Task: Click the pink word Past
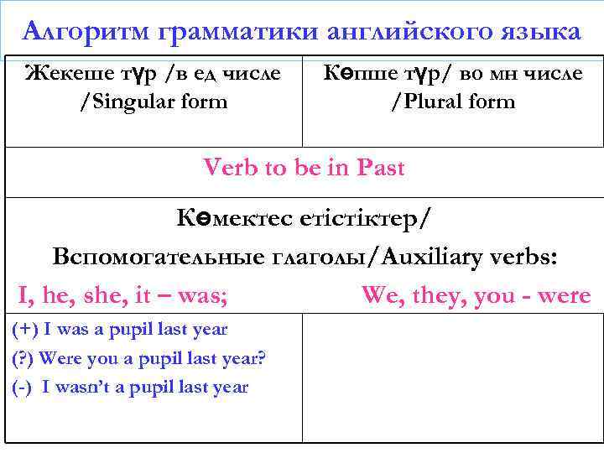click(380, 168)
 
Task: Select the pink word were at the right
click(564, 295)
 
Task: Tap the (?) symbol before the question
click(23, 359)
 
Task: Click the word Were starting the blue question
click(60, 359)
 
